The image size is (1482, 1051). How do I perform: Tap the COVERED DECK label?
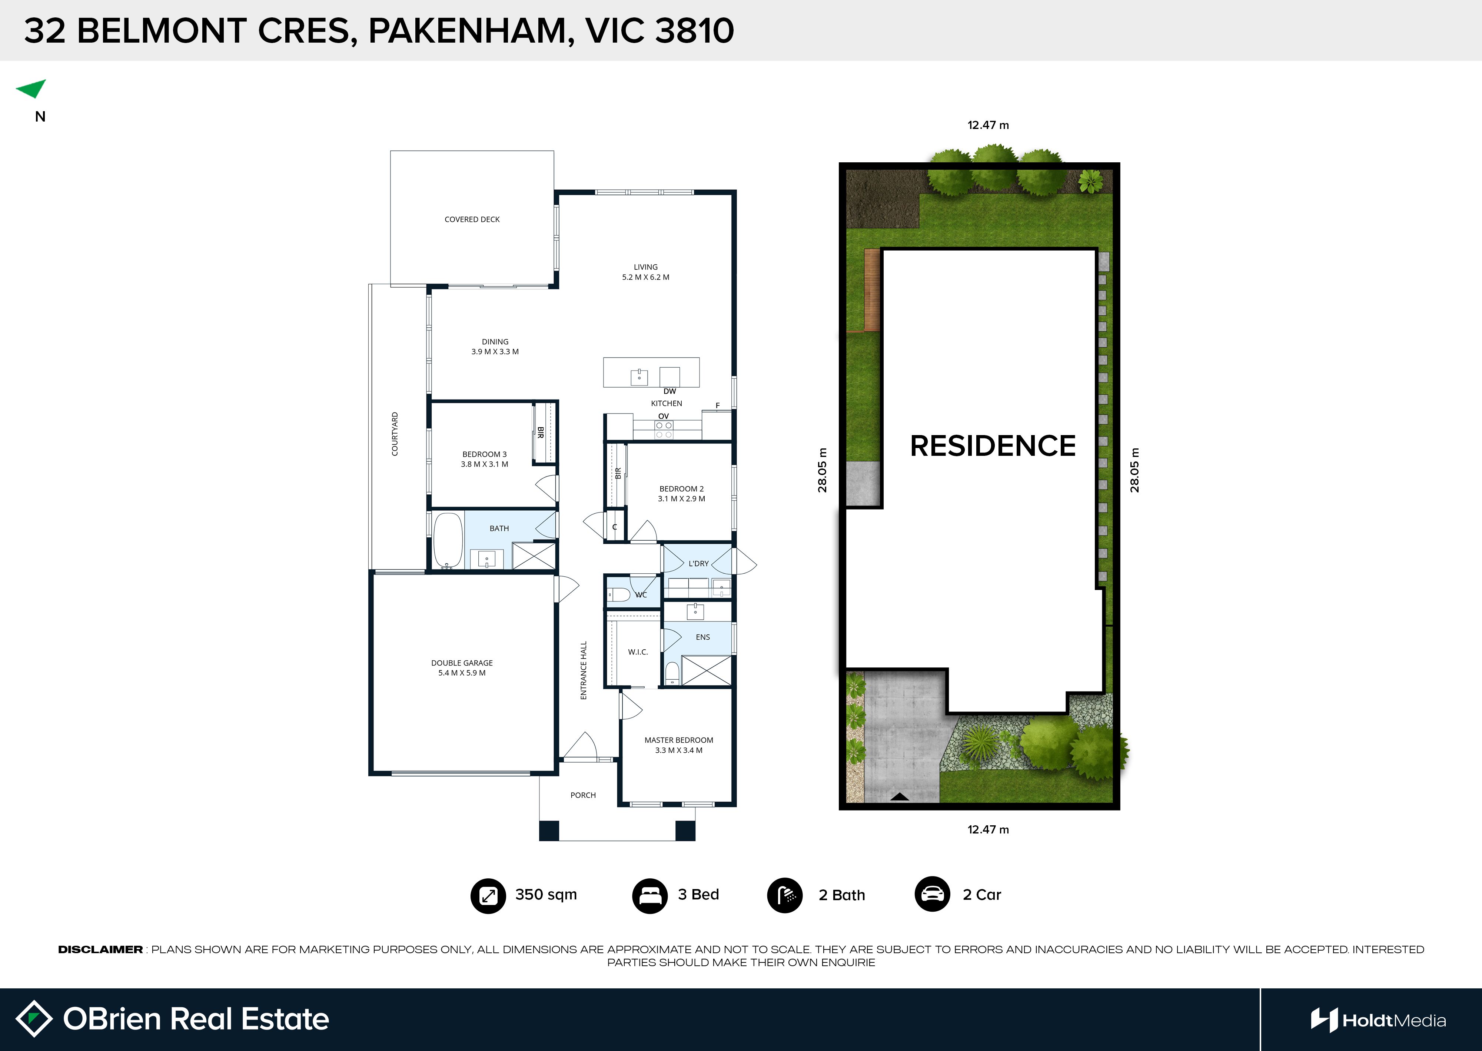(x=472, y=219)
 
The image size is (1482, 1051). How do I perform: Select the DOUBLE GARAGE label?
(x=462, y=663)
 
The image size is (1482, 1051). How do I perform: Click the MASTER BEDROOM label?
(x=679, y=740)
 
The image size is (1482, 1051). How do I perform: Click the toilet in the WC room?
(x=618, y=594)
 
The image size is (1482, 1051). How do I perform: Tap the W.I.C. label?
(x=638, y=652)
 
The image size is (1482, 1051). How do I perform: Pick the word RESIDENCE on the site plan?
(x=993, y=446)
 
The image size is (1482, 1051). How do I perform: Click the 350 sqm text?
(x=546, y=894)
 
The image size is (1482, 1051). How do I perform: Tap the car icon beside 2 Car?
(x=932, y=894)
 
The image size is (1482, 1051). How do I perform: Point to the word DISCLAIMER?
(x=100, y=949)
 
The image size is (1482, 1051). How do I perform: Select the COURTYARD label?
(x=395, y=434)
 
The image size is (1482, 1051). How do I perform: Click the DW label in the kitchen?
(x=669, y=391)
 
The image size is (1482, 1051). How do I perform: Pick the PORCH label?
(x=583, y=795)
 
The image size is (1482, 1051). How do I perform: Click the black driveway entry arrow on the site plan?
(x=899, y=797)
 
